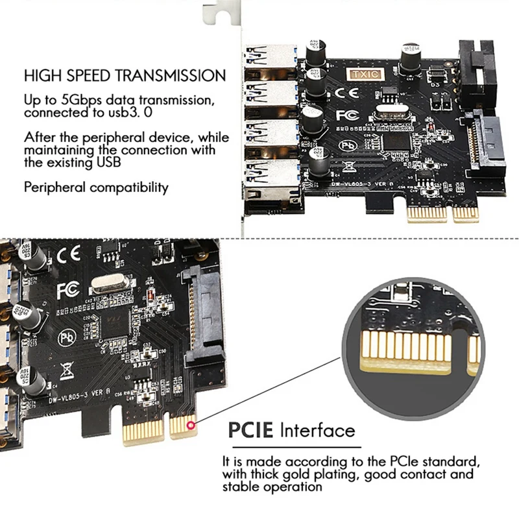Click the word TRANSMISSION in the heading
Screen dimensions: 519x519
171,75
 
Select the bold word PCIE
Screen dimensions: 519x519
252,429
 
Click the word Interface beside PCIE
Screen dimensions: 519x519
318,429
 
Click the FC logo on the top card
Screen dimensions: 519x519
346,115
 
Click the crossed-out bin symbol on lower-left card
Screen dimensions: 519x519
67,372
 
